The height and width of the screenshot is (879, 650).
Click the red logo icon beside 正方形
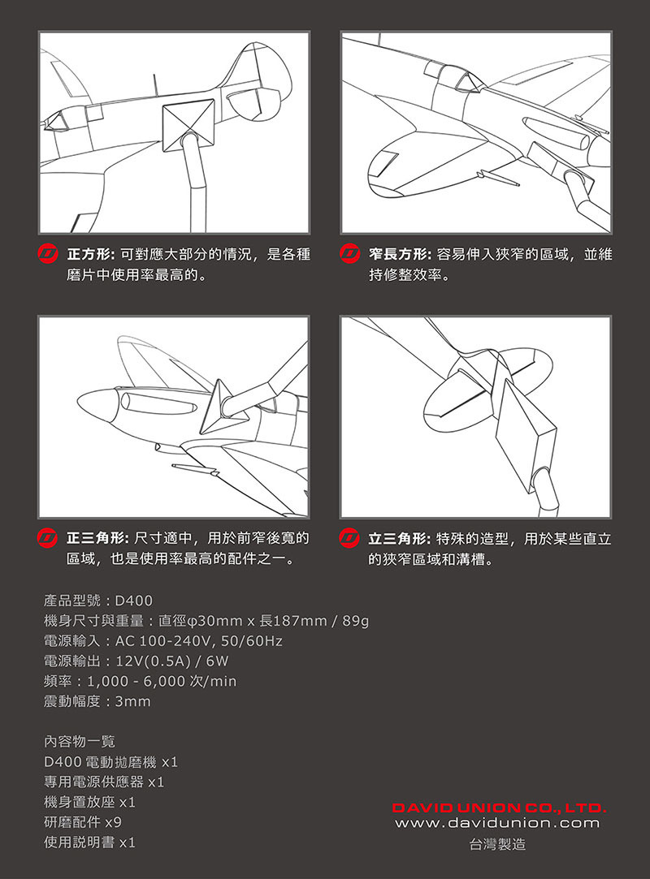pos(48,254)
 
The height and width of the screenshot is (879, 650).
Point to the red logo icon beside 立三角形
pos(349,538)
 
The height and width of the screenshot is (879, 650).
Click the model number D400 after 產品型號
pos(133,601)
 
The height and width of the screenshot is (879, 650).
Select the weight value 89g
pos(355,621)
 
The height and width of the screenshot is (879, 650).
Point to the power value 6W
pos(217,661)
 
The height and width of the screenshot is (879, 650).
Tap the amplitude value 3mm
pos(132,701)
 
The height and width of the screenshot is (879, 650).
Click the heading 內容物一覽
pos(79,742)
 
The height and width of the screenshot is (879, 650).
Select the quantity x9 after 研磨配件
pos(114,822)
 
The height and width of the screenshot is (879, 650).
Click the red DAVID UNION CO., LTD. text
pos(499,808)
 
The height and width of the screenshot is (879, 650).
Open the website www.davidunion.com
pos(497,823)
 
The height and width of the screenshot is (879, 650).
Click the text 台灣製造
pos(498,844)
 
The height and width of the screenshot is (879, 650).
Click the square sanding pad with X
pos(188,126)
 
